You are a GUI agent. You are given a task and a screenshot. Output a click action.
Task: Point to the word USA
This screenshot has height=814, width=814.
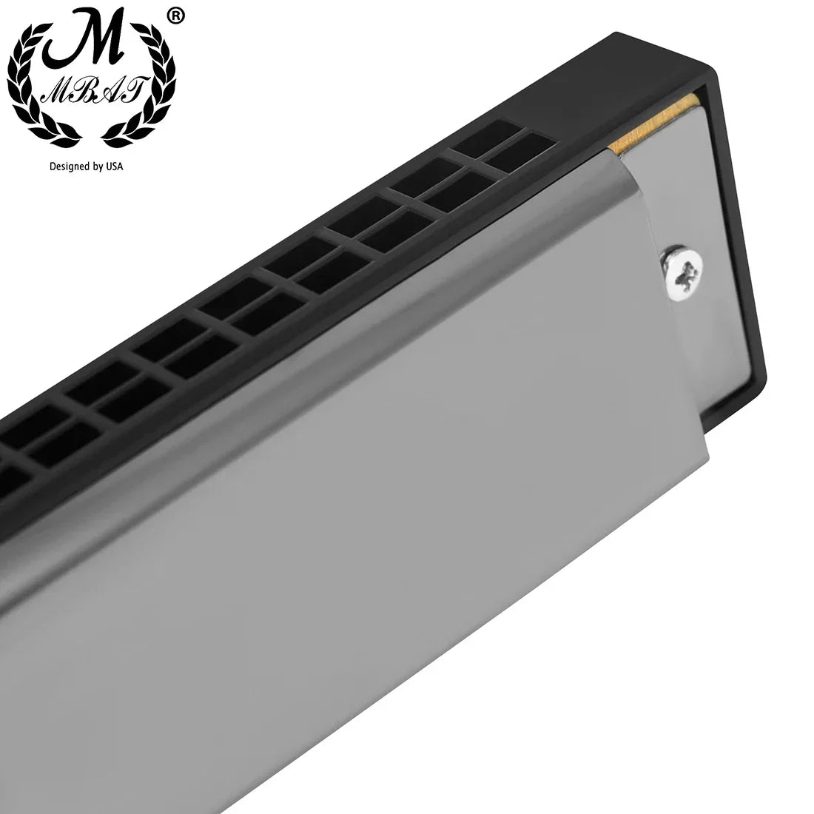[x=114, y=166]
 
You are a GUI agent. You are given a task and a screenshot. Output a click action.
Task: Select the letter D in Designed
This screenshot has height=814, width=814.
[x=53, y=166]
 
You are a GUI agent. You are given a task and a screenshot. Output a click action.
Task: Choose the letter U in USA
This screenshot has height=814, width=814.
[x=109, y=166]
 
